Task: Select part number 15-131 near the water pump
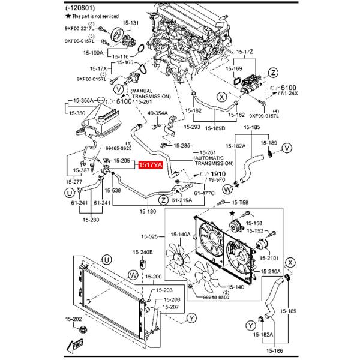(x=130, y=23)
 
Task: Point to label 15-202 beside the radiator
(x=74, y=319)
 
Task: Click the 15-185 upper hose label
(x=251, y=128)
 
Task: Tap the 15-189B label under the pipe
(x=214, y=128)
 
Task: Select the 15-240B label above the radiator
(x=143, y=252)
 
